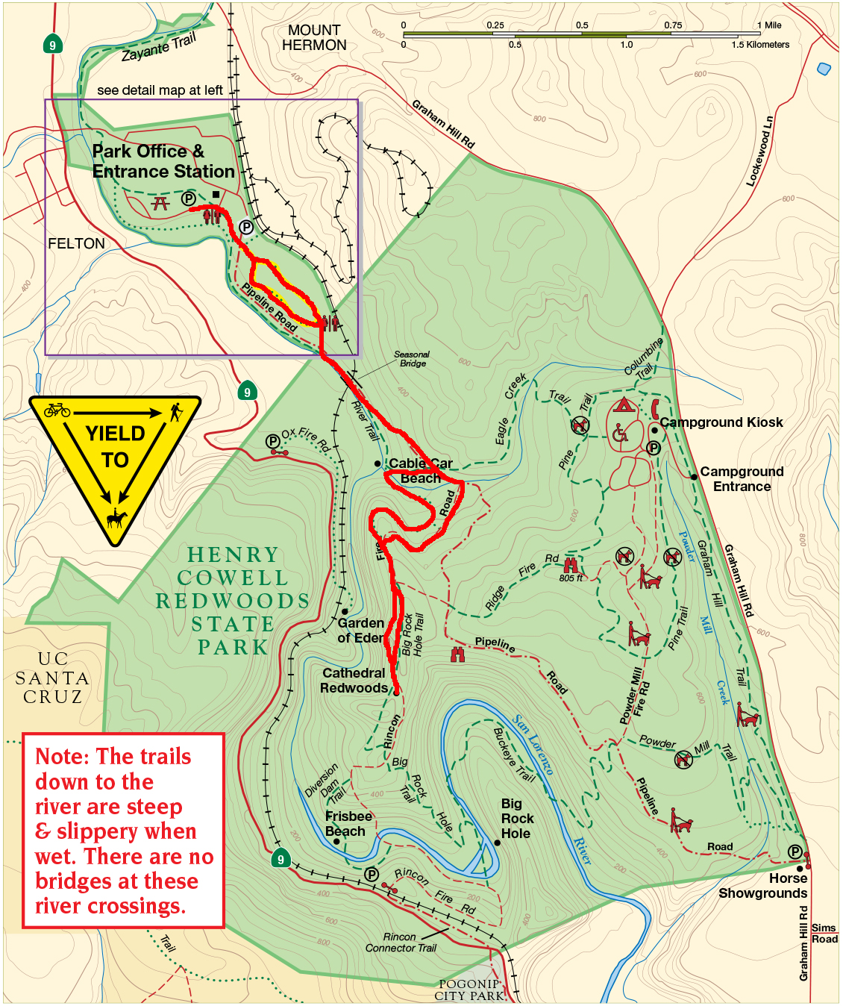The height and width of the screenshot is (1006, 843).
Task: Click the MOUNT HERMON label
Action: pos(313,37)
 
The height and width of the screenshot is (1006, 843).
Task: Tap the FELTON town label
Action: pos(76,244)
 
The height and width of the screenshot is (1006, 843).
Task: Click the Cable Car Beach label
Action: pos(420,470)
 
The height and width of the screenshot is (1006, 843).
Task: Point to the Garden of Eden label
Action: pos(360,631)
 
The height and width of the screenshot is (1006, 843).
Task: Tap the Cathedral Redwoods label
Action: pos(354,681)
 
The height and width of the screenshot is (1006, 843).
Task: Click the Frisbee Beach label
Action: pos(348,824)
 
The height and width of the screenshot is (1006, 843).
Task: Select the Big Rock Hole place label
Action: pos(516,819)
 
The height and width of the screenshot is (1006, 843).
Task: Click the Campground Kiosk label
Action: pos(721,422)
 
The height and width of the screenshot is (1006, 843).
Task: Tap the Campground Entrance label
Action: pos(742,479)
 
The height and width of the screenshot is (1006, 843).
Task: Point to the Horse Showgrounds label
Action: pos(762,886)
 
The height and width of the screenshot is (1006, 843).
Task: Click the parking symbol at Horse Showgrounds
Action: pos(795,852)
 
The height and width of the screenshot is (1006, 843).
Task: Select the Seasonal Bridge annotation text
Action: pos(412,359)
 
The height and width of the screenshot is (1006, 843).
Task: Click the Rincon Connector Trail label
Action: pos(401,943)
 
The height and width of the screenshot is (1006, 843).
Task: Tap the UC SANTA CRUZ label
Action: pos(52,678)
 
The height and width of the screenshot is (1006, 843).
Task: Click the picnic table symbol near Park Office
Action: pos(160,202)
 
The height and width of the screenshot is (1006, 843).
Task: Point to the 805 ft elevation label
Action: pos(571,578)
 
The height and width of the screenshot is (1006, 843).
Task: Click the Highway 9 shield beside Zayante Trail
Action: pos(52,45)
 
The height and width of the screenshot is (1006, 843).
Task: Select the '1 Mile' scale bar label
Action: pos(769,25)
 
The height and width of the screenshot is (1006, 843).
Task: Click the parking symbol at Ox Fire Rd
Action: pos(272,442)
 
